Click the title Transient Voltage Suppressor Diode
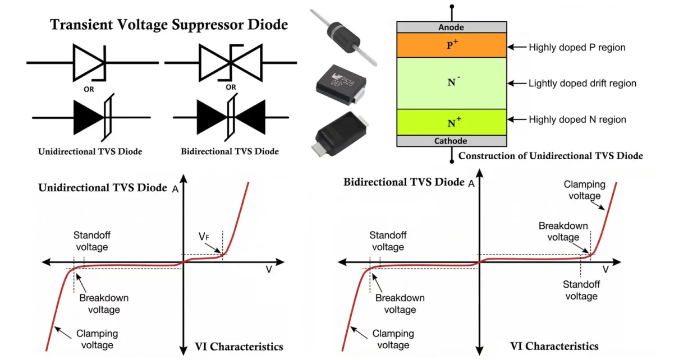(x=169, y=25)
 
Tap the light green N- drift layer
(x=452, y=83)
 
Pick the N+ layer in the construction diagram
(x=452, y=122)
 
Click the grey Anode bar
(x=452, y=27)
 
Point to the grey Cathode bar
(x=452, y=141)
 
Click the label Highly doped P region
(x=576, y=48)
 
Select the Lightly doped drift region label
(x=582, y=84)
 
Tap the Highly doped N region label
(x=577, y=119)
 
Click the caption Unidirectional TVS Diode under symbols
(x=90, y=151)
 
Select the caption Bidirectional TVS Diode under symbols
(x=230, y=151)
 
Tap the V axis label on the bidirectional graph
(x=605, y=270)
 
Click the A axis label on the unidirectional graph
(x=176, y=189)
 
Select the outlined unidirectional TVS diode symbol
(x=90, y=62)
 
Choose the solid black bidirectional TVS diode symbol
(x=230, y=118)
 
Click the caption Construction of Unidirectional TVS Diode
(x=550, y=156)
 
